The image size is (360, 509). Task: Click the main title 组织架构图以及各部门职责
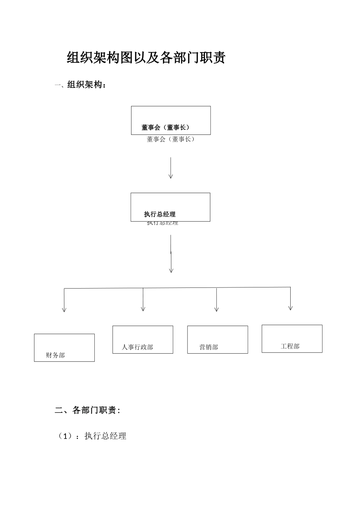(146, 58)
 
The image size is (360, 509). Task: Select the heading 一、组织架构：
(81, 84)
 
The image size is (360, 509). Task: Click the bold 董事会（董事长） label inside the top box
(166, 128)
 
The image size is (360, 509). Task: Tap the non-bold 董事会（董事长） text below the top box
(171, 139)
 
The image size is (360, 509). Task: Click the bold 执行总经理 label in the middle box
(160, 214)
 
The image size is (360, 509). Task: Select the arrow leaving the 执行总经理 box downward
(171, 254)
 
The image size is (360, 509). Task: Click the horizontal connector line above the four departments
(177, 288)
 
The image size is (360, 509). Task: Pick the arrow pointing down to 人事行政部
(143, 300)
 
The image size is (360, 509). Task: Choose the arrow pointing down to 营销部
(216, 300)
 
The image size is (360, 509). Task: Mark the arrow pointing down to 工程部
(290, 299)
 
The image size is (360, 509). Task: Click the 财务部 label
(55, 355)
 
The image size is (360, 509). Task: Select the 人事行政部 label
(138, 347)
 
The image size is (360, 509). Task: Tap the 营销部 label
(209, 347)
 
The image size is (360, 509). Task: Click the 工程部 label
(290, 346)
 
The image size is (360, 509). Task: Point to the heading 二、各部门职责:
(88, 410)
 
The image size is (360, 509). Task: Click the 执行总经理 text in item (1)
(105, 436)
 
